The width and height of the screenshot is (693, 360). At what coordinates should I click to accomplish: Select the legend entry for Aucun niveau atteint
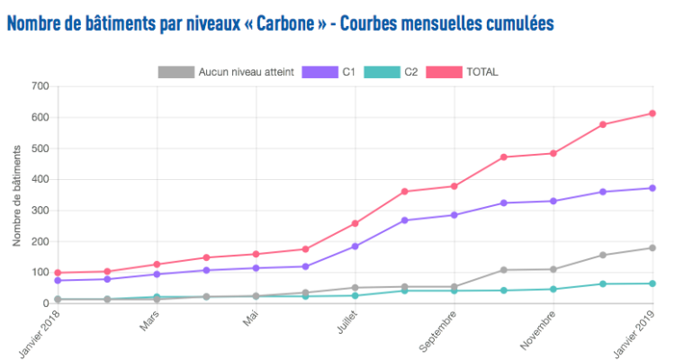click(245, 72)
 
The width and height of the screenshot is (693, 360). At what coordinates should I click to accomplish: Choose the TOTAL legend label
click(481, 72)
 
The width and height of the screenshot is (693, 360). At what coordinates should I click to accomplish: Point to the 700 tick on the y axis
click(39, 86)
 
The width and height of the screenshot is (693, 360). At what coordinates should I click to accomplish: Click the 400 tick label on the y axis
click(39, 179)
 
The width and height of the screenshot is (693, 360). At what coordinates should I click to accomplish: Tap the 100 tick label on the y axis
click(39, 272)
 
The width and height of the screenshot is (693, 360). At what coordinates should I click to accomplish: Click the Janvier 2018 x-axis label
click(40, 333)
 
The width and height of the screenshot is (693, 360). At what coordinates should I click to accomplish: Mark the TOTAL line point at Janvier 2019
click(652, 113)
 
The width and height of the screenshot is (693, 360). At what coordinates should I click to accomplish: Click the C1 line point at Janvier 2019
click(652, 188)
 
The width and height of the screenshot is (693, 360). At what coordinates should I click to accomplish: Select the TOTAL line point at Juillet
click(355, 223)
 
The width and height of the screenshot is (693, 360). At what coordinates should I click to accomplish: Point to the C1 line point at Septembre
click(454, 215)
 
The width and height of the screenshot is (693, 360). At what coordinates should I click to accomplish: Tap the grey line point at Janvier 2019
click(652, 247)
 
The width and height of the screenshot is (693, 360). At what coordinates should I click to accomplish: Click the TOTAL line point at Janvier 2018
click(58, 273)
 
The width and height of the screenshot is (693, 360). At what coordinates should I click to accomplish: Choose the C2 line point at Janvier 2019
click(652, 283)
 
